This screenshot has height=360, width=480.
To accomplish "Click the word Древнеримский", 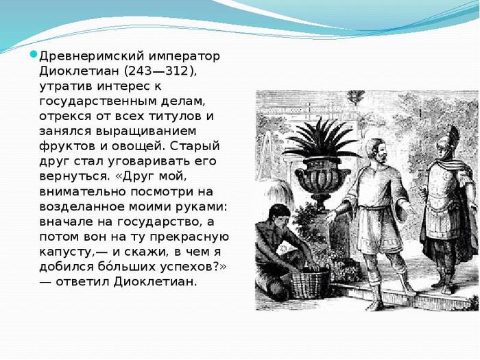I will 83,56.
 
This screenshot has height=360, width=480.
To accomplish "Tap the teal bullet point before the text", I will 32,55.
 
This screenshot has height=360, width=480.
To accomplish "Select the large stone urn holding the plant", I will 316,176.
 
